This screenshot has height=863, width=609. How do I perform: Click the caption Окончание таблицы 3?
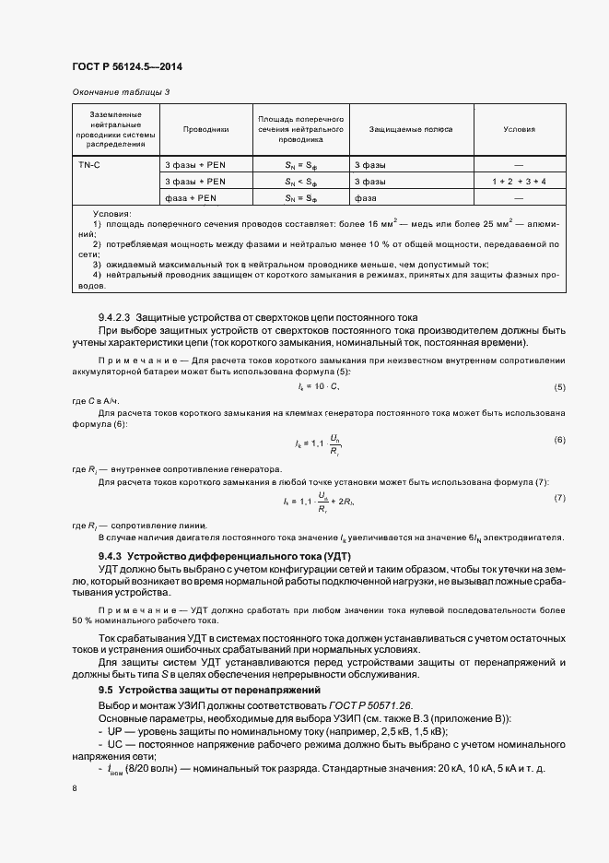[x=120, y=92]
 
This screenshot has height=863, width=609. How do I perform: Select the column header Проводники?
[x=205, y=130]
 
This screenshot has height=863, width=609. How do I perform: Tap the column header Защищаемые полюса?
[x=398, y=130]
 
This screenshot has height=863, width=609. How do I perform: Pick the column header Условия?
[x=519, y=130]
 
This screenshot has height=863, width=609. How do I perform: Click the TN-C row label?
[x=89, y=165]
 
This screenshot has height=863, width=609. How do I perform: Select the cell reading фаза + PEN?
[x=190, y=198]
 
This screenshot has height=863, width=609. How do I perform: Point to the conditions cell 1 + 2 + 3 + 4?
[x=519, y=182]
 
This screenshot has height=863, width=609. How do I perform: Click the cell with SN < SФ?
[x=300, y=182]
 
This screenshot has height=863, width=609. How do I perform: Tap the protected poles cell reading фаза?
[x=365, y=198]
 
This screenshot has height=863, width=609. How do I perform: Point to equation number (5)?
[x=559, y=385]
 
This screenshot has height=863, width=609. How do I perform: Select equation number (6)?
[x=559, y=439]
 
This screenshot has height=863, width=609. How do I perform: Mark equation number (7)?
[x=559, y=498]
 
